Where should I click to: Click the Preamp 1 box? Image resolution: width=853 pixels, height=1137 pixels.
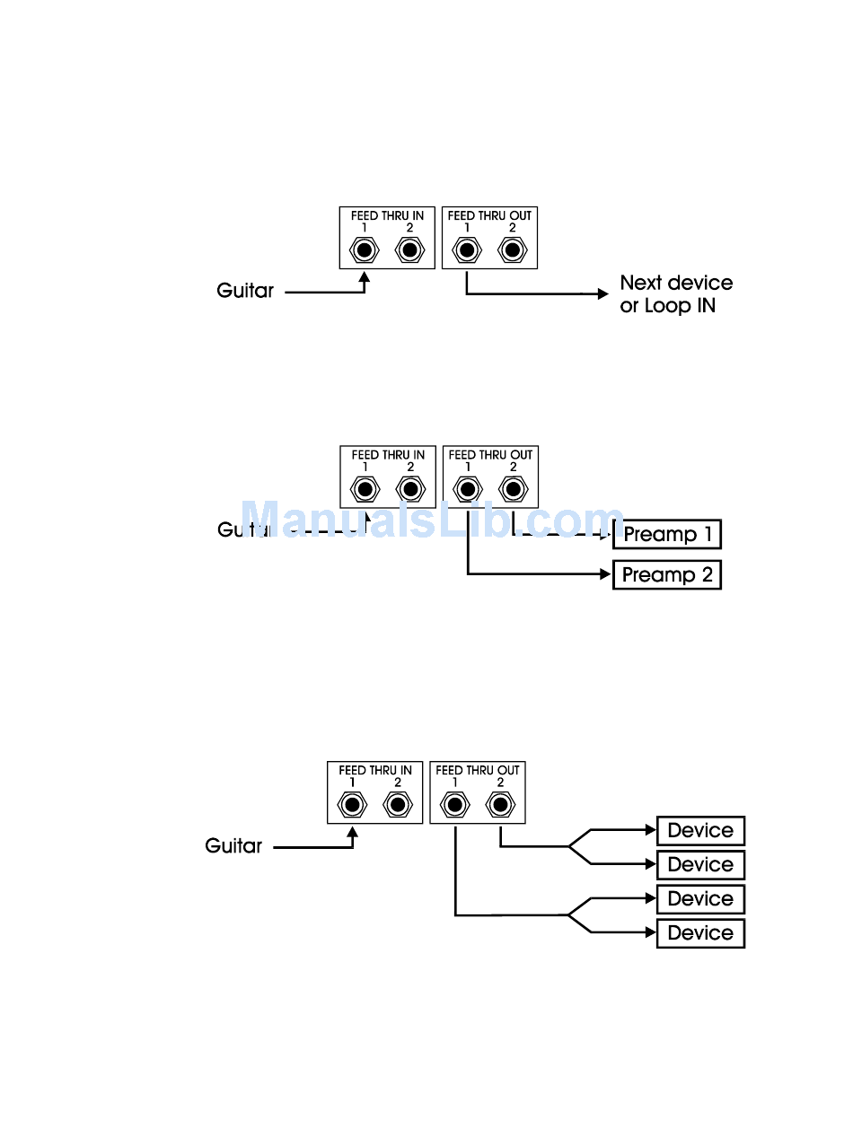(x=666, y=535)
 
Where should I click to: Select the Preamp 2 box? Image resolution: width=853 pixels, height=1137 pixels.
(x=666, y=574)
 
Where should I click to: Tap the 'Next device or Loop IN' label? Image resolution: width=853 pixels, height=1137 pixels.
(x=676, y=294)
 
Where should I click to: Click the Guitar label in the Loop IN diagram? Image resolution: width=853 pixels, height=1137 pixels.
(x=245, y=291)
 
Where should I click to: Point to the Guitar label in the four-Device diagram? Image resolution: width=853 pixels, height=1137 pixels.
(x=233, y=845)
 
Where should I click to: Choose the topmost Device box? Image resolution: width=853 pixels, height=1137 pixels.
(x=700, y=831)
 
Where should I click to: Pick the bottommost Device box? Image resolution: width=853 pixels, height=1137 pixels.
(x=700, y=933)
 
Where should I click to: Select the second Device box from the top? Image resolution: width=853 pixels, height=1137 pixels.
(x=700, y=865)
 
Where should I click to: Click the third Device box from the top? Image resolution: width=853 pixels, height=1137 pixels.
(x=700, y=899)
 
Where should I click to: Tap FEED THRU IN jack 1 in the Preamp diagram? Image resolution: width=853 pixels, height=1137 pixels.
(x=365, y=489)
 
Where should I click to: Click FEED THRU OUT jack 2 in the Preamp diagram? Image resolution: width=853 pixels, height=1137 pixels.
(x=513, y=489)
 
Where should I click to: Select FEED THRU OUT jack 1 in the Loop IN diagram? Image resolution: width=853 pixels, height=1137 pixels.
(x=466, y=249)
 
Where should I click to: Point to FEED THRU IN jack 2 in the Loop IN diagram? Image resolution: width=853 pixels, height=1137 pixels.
(x=409, y=249)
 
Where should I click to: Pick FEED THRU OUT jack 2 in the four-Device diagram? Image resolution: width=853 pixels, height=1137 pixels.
(x=500, y=805)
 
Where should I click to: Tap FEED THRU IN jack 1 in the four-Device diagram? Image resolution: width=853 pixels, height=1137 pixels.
(x=352, y=805)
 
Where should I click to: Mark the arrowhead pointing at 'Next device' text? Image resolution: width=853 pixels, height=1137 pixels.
(x=602, y=293)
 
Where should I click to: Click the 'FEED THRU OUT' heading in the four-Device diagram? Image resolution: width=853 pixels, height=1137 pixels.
(x=478, y=770)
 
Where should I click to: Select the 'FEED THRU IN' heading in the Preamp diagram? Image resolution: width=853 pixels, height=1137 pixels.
(x=388, y=455)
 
